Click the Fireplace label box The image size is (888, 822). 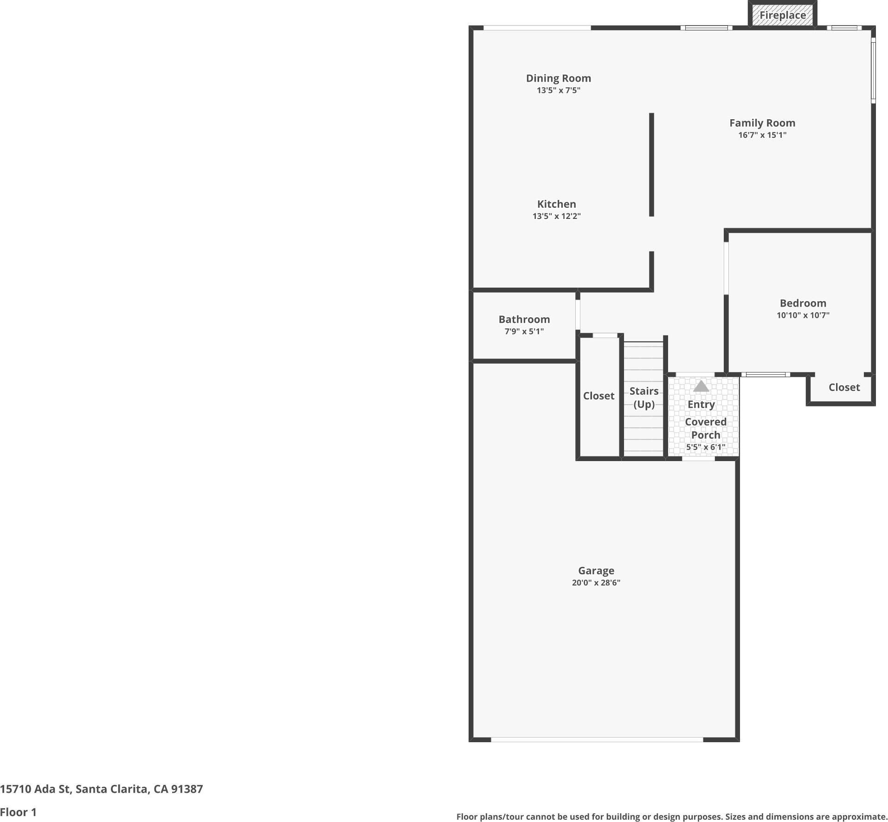coord(782,15)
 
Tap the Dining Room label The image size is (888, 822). coord(558,78)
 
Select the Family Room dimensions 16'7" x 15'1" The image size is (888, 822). coord(762,135)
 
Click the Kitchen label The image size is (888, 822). coord(556,204)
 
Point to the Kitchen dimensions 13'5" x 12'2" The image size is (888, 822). coord(556,216)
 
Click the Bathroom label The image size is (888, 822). coord(524,319)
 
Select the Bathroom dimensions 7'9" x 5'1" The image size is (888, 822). coord(524,331)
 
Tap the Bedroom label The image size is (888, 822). coord(803,303)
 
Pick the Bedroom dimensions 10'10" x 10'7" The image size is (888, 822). coord(803,315)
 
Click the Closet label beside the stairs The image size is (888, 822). coord(598,396)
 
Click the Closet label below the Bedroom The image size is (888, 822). coord(844,387)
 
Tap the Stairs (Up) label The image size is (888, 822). coord(644,398)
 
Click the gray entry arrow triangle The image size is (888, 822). coord(701,386)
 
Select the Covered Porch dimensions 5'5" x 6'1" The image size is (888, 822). coord(705,447)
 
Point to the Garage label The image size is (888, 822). coord(596,571)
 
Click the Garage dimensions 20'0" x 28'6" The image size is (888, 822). coord(596,583)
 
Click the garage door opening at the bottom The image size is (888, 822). coord(597,739)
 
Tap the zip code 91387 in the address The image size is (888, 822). coord(187,789)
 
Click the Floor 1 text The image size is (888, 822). coord(18,812)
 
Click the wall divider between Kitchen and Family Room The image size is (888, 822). coord(651,165)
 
